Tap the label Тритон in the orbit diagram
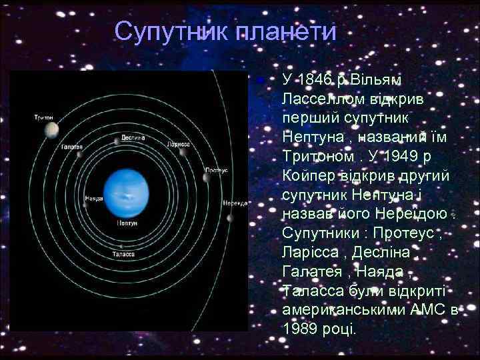point(44,118)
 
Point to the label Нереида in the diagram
point(234,203)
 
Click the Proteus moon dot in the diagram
point(206,177)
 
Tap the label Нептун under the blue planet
point(127,223)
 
